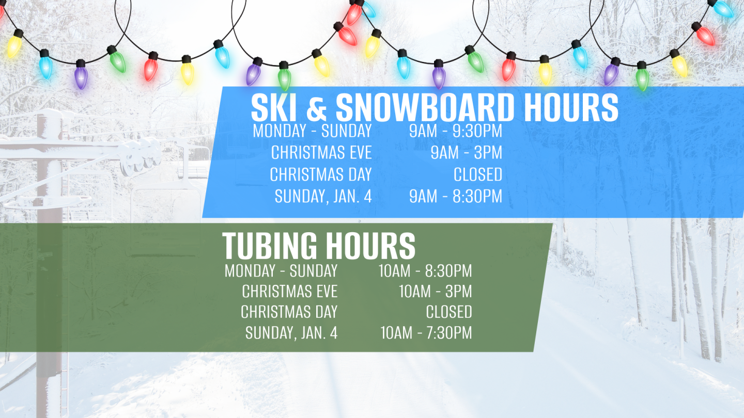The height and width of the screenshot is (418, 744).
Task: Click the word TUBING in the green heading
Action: click(270, 246)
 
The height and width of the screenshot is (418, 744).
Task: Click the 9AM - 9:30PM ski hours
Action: click(455, 131)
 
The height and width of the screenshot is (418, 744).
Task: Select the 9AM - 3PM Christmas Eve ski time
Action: click(466, 153)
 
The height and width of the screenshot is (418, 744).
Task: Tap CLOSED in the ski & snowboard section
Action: click(477, 175)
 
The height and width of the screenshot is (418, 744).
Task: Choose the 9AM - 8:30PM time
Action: click(455, 197)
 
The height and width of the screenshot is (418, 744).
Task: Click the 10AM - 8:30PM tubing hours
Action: click(425, 270)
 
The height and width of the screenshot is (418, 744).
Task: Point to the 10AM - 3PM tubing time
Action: click(435, 292)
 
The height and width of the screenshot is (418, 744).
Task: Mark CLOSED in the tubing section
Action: click(448, 312)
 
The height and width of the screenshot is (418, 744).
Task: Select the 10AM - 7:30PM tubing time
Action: click(426, 333)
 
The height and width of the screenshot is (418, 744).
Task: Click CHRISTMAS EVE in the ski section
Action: click(321, 153)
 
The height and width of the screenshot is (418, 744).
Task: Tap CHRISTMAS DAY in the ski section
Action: click(320, 175)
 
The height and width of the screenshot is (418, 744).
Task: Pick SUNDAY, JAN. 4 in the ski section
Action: click(323, 197)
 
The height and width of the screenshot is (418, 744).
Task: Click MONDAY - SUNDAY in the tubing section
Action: click(281, 270)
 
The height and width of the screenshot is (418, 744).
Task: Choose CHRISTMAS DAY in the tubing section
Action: click(289, 312)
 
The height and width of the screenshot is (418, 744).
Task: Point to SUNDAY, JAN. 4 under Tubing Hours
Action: click(291, 333)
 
